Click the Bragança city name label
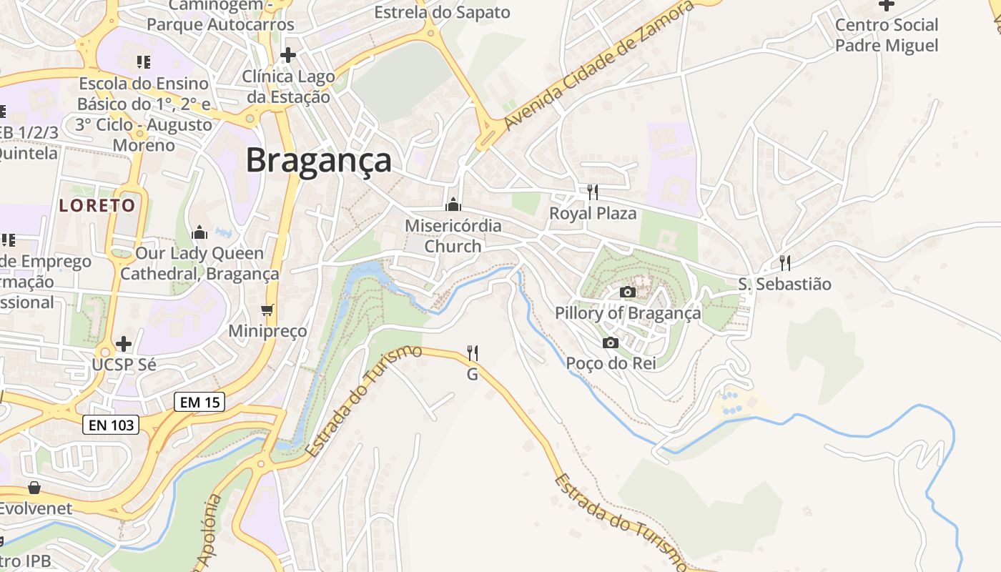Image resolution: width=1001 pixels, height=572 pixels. (x=319, y=160)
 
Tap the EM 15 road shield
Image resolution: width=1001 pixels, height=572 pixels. (x=199, y=403)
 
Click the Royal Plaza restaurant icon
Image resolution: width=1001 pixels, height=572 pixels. (x=592, y=192)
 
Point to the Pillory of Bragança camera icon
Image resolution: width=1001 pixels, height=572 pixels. (x=627, y=292)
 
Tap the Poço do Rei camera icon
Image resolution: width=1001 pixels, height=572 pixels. (x=610, y=342)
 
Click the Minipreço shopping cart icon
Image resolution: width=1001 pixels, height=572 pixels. (x=267, y=310)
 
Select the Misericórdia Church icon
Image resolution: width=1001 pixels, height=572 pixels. (x=453, y=205)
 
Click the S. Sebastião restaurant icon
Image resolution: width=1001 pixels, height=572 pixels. (x=784, y=262)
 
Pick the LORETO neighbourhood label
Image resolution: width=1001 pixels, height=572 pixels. (x=97, y=206)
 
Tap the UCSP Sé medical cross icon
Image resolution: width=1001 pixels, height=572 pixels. (x=124, y=344)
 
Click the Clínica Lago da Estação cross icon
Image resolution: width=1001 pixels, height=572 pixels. (x=288, y=54)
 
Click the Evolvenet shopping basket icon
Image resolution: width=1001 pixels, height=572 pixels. (x=34, y=488)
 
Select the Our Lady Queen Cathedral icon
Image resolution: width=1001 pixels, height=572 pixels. (x=199, y=232)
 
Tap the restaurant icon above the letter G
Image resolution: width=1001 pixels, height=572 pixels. (x=472, y=352)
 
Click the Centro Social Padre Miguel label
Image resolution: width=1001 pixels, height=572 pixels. (x=887, y=35)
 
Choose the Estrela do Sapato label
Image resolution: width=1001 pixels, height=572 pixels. (x=442, y=12)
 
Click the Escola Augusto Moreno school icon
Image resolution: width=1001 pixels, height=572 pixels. (x=144, y=62)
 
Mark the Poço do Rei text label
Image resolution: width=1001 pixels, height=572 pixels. (x=611, y=363)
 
